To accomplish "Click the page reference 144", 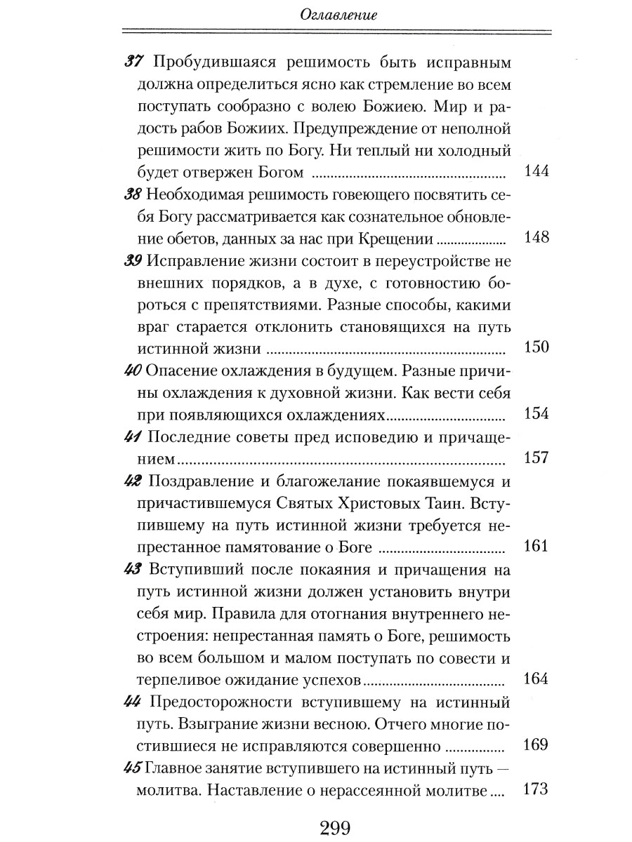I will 536,172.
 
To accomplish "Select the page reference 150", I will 536,347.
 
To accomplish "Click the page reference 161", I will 536,546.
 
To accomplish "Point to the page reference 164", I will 536,679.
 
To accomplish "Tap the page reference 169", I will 536,744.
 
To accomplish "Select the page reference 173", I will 536,789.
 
